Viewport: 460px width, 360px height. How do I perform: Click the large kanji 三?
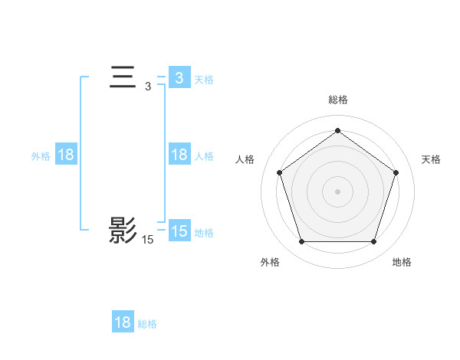click(x=123, y=78)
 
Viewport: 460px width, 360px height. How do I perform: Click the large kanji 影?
click(x=123, y=231)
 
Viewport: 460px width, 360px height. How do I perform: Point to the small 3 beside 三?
click(x=148, y=87)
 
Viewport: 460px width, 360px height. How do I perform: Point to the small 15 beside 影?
click(x=148, y=240)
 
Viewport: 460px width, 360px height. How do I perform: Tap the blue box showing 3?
click(x=179, y=78)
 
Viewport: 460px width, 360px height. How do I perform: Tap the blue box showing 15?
click(x=179, y=231)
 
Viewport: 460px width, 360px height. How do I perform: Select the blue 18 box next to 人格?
click(x=179, y=155)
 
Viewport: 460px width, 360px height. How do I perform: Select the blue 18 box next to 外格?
click(x=66, y=155)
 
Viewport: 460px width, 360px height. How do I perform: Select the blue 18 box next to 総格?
click(x=123, y=322)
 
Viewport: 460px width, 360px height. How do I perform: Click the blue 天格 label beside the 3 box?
click(x=204, y=79)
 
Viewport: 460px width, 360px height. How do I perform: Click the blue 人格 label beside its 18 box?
click(x=204, y=155)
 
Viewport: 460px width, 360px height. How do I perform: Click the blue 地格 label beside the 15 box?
click(x=204, y=232)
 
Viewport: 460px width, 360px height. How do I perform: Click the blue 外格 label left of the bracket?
click(x=41, y=155)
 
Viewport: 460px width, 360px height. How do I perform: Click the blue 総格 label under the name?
click(x=147, y=323)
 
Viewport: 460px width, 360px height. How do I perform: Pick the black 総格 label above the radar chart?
click(x=337, y=100)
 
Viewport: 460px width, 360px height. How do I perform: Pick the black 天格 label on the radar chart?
click(x=431, y=159)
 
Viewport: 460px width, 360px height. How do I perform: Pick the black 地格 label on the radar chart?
click(x=402, y=262)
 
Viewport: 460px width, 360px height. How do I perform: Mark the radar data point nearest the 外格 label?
click(x=301, y=242)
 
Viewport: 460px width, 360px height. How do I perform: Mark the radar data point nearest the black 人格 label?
click(x=279, y=172)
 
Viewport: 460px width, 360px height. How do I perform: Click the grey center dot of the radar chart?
click(x=337, y=191)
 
